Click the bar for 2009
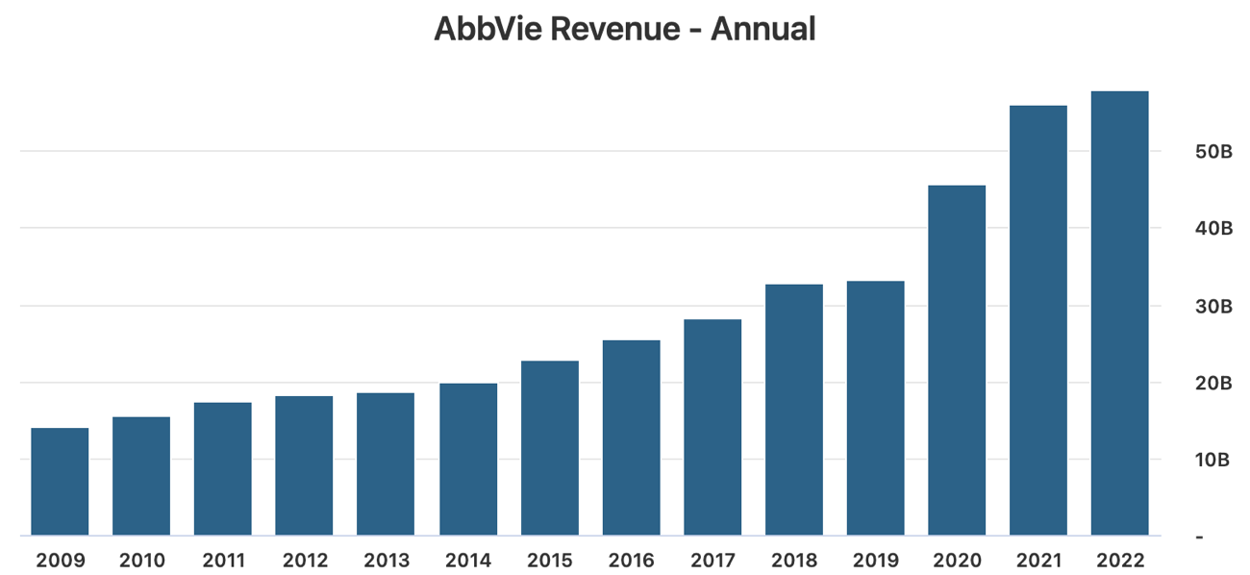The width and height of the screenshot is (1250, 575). click(60, 482)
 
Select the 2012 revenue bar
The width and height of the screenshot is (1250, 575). click(304, 465)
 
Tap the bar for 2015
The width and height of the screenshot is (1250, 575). click(550, 448)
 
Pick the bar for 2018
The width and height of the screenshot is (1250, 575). click(794, 410)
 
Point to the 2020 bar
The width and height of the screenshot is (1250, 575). click(957, 361)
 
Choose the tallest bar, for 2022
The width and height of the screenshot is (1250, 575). click(1119, 313)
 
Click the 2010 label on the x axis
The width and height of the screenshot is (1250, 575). click(141, 560)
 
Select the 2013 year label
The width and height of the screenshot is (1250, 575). click(386, 560)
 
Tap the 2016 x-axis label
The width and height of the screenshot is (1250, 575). click(631, 560)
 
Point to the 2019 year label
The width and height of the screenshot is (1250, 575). click(875, 560)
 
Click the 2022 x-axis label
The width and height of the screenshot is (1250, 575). click(1119, 560)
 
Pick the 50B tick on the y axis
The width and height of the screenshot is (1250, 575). click(1213, 152)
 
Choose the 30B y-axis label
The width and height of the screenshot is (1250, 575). click(1213, 307)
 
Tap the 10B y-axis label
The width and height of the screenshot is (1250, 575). click(1213, 460)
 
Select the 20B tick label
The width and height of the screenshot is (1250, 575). click(1213, 384)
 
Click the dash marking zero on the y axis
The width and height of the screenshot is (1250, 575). click(1199, 537)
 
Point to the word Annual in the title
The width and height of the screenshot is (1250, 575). click(763, 29)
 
